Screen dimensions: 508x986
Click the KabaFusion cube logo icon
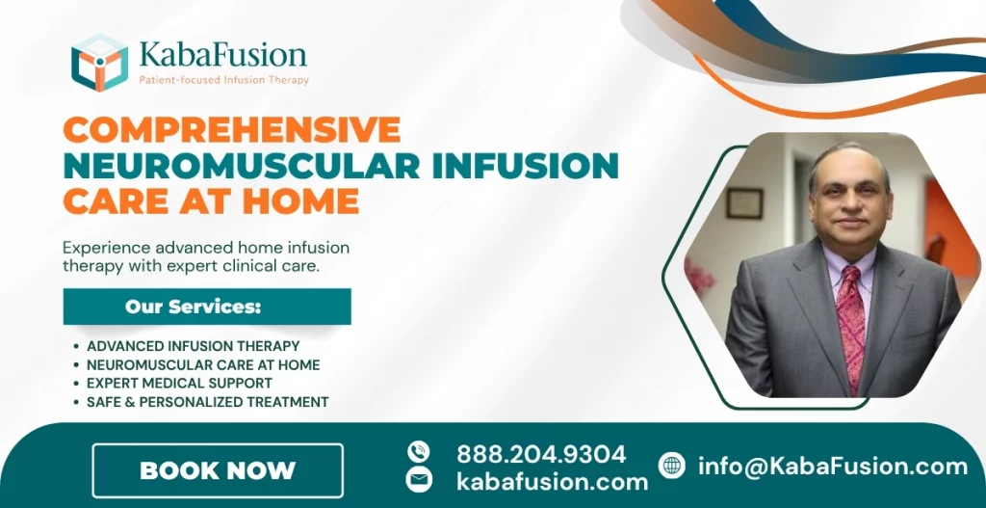coord(99,63)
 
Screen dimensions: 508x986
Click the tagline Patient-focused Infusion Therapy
coord(224,80)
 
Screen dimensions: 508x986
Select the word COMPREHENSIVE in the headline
coord(231,131)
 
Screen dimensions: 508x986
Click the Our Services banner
coord(207,307)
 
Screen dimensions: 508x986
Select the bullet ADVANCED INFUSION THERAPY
coord(193,346)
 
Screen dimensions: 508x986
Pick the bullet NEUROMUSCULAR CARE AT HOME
coord(203,365)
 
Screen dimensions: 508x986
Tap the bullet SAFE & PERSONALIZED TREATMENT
coord(207,402)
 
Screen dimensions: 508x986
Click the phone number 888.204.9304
coord(541,453)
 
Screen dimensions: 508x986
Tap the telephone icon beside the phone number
coord(419,451)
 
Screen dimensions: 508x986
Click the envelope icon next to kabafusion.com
coord(419,480)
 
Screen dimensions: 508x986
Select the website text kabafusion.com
coord(552,481)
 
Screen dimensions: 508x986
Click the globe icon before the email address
coord(672,466)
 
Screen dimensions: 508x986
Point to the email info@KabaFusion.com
coord(833,467)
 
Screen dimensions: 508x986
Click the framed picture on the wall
coord(744,202)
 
